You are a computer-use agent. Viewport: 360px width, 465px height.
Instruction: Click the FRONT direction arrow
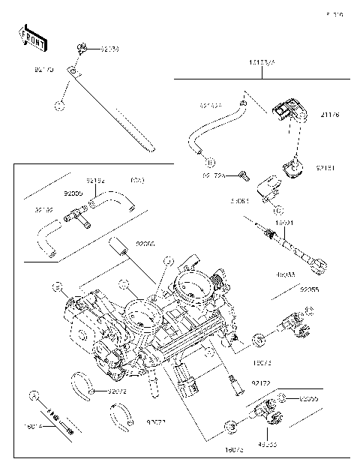click(31, 37)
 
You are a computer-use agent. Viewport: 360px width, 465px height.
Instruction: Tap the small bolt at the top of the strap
click(81, 49)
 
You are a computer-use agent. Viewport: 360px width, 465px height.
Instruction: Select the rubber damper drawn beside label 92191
click(293, 169)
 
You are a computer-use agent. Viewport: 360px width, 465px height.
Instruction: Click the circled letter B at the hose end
click(211, 162)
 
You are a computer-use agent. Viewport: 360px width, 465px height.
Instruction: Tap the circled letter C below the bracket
click(277, 210)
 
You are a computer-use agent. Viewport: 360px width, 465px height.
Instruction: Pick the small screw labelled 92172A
click(242, 175)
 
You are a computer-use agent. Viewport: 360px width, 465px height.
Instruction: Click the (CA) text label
click(137, 181)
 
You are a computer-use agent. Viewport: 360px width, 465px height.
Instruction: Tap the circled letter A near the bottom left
click(34, 394)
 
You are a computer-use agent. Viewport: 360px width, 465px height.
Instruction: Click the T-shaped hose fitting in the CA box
click(75, 215)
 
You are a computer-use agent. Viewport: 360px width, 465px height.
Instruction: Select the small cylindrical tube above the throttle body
click(116, 244)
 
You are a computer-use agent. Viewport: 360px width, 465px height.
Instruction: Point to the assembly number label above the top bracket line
click(262, 64)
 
